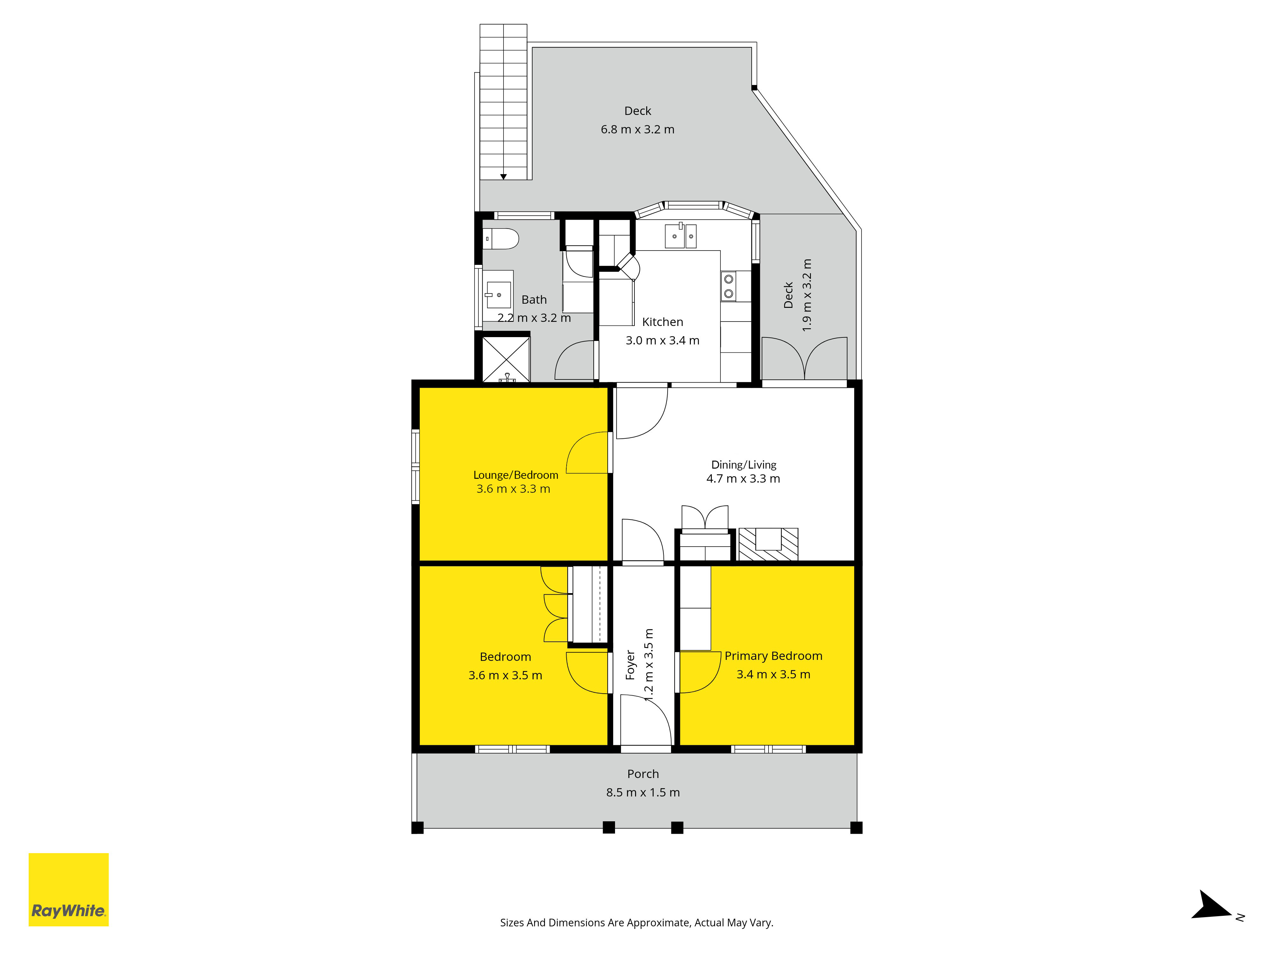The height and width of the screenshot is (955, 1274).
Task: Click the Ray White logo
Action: point(68,889)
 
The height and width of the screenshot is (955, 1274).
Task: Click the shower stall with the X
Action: point(506,360)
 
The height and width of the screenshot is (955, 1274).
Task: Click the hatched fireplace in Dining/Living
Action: point(768,544)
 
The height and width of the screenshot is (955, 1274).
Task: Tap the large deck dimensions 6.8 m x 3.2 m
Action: point(638,130)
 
